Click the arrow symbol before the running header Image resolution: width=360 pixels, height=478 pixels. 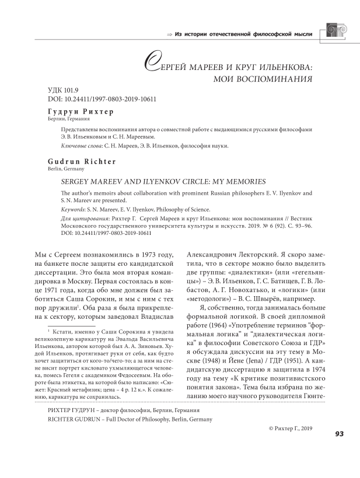point(169,34)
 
